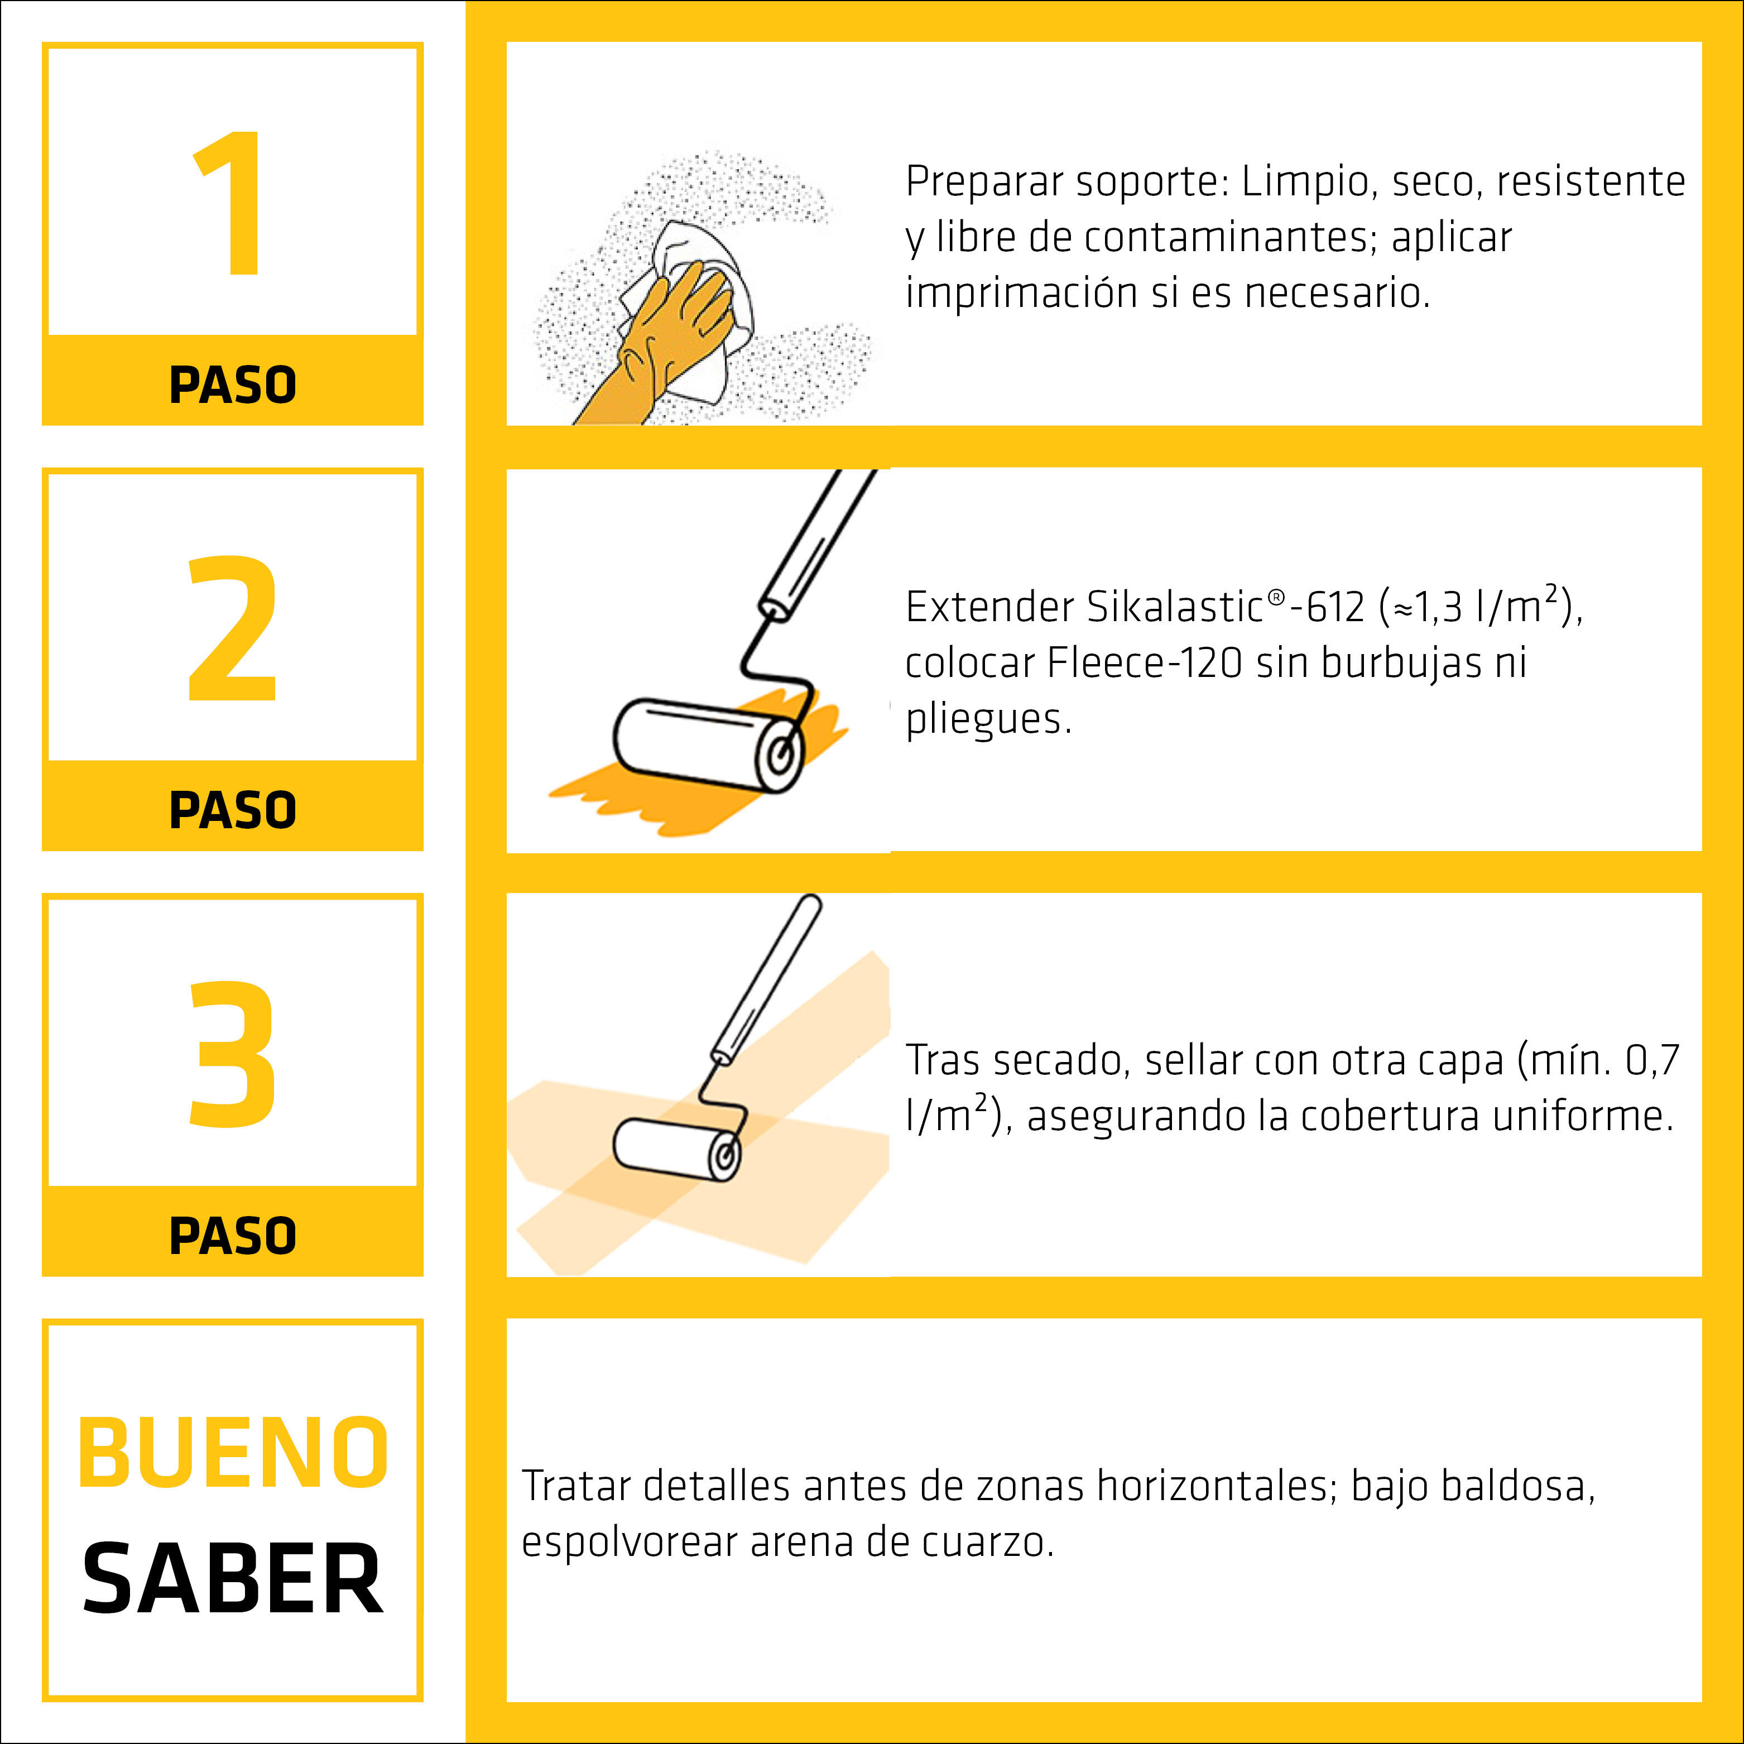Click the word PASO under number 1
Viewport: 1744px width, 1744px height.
coord(232,386)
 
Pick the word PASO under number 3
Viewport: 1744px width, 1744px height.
coord(232,1236)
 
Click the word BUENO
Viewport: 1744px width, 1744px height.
coord(232,1453)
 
